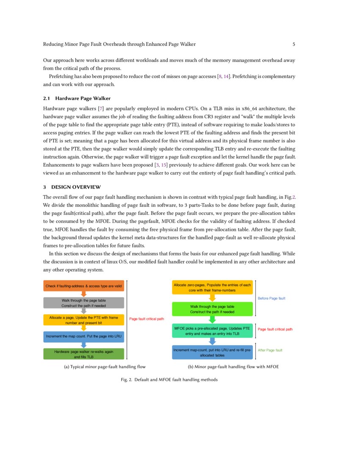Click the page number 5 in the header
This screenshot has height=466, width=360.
294,44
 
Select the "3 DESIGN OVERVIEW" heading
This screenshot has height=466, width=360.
72,187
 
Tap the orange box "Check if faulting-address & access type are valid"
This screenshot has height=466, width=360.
84,286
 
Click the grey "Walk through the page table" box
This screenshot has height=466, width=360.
84,303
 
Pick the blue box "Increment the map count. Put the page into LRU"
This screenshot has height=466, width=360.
84,337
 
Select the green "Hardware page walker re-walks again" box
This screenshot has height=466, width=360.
84,354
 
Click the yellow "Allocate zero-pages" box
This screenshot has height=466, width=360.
212,288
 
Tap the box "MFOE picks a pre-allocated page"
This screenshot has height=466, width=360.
212,331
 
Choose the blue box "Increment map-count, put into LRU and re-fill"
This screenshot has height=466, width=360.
212,352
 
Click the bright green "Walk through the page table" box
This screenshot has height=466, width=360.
212,309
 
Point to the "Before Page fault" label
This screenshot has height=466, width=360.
271,299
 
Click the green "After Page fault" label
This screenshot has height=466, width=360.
270,350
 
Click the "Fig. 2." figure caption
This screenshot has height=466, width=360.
169,380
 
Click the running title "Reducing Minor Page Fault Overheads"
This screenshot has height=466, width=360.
119,44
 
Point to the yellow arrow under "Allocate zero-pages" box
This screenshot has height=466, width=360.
213,298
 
